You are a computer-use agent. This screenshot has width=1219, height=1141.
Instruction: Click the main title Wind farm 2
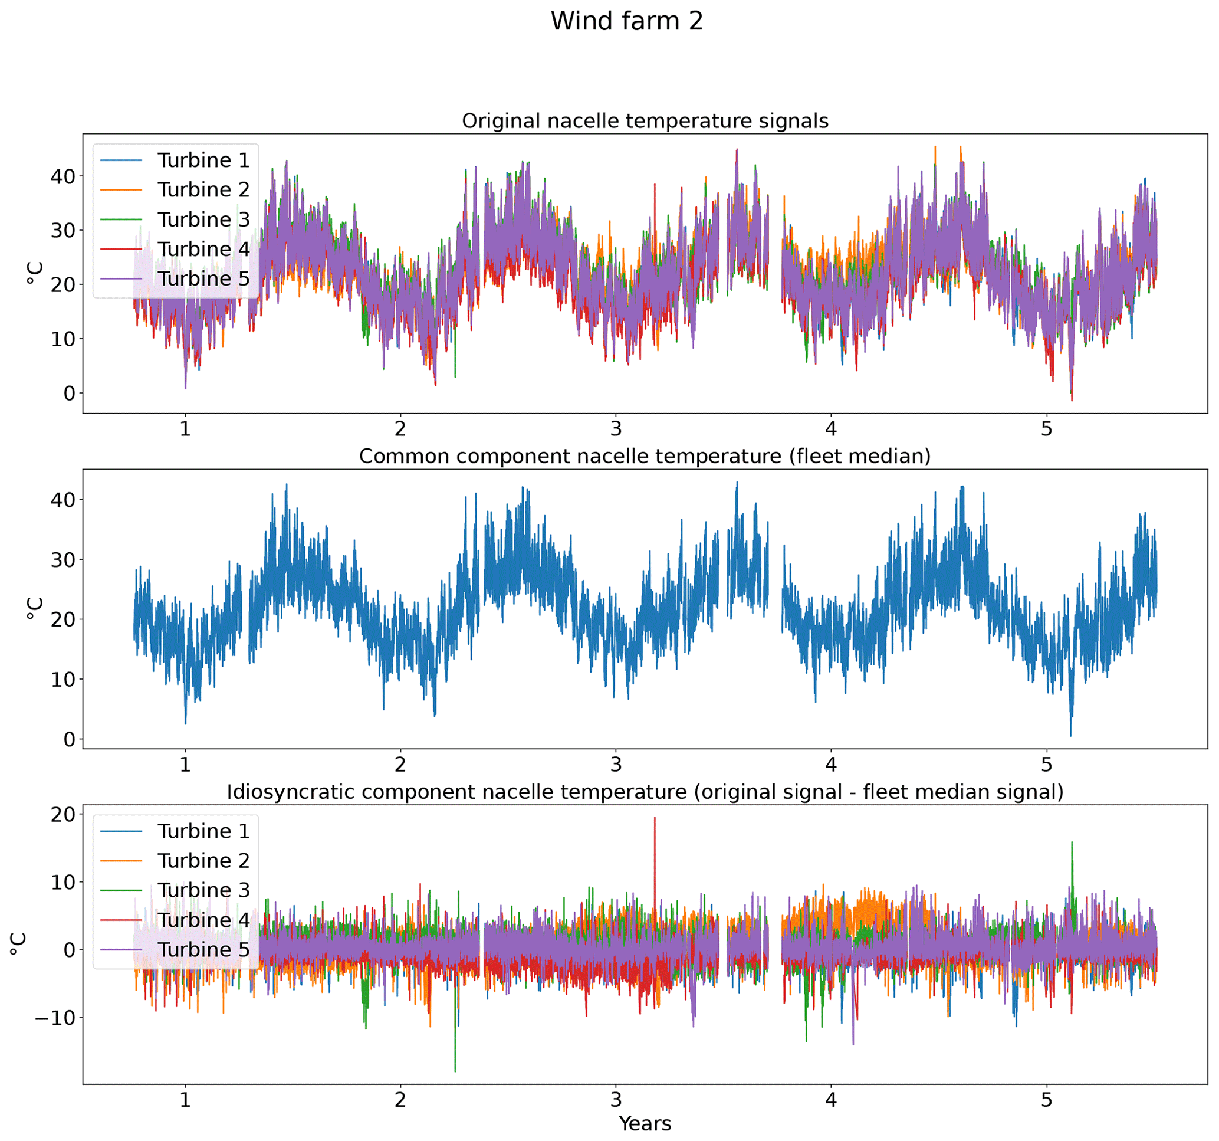(626, 21)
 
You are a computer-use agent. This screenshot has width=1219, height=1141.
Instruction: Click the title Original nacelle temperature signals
(645, 121)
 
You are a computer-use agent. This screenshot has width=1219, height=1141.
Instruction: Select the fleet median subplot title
(645, 457)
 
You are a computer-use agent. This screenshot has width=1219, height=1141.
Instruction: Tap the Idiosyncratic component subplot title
(645, 792)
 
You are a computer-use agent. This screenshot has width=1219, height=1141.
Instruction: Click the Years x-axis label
(645, 1123)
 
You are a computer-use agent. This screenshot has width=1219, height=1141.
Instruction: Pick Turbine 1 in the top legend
(203, 160)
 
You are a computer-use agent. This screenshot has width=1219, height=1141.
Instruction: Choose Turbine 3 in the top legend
(203, 219)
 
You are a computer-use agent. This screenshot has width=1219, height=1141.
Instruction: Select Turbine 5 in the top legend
(203, 278)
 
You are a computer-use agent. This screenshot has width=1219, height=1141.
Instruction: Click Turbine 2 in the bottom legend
(203, 861)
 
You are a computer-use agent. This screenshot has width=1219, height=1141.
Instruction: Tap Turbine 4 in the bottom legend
(203, 920)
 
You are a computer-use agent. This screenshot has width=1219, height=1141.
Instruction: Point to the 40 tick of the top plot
(63, 176)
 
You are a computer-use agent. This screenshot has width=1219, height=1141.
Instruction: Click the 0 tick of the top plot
(69, 394)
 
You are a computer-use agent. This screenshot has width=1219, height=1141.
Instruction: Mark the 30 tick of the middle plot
(63, 559)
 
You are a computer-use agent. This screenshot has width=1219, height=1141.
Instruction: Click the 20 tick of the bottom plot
(63, 815)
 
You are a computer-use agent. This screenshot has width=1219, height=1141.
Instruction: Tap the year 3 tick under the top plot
(616, 429)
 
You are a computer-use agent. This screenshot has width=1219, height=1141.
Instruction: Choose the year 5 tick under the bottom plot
(1046, 1099)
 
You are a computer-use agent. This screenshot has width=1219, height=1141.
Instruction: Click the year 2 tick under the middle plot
(400, 765)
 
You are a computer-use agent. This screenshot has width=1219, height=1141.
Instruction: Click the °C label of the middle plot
(35, 608)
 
